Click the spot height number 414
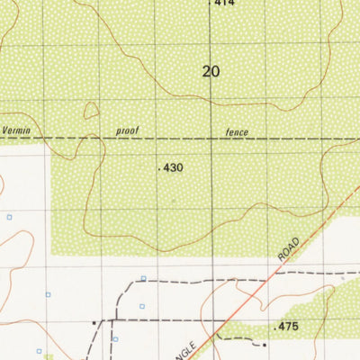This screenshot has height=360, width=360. click(x=224, y=4)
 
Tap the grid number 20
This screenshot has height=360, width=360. click(x=211, y=71)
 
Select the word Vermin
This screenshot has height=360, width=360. click(x=21, y=131)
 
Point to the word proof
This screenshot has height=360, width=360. click(x=129, y=131)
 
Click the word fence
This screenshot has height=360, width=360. click(x=237, y=132)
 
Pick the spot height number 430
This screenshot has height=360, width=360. click(x=174, y=168)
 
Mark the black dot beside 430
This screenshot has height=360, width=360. click(x=158, y=169)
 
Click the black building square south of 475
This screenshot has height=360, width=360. click(x=265, y=344)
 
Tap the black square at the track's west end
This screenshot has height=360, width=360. click(x=94, y=319)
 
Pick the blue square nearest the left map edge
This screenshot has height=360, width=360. click(x=10, y=217)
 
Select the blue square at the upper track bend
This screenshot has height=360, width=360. click(x=143, y=278)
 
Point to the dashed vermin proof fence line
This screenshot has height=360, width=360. click(x=180, y=138)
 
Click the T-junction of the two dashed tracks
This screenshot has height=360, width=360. click(x=114, y=319)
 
